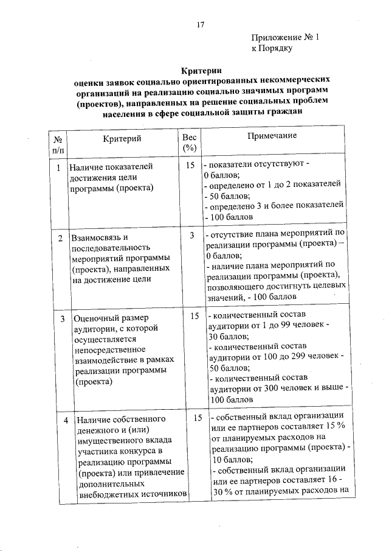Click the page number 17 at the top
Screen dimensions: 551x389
click(200, 24)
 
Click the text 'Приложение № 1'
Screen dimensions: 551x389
click(285, 37)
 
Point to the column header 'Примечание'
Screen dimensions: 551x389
click(272, 135)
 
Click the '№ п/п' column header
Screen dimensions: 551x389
click(58, 143)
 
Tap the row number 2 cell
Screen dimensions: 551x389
click(60, 237)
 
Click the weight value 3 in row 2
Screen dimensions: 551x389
click(191, 236)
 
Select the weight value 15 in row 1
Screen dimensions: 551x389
click(190, 166)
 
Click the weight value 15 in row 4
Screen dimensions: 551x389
click(197, 418)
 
